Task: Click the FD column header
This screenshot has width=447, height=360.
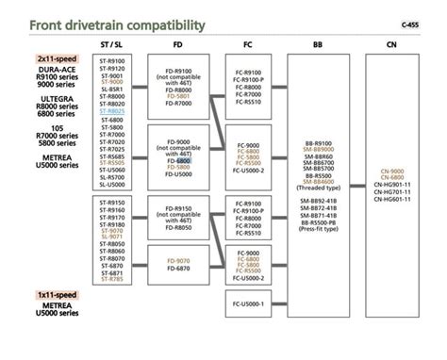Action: pos(179,45)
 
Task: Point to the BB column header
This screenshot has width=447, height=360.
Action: pos(320,45)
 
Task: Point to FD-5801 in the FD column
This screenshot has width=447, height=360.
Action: pos(179,96)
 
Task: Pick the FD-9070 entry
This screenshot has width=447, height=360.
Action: pos(179,260)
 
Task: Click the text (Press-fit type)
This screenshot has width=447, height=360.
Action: pos(320,228)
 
